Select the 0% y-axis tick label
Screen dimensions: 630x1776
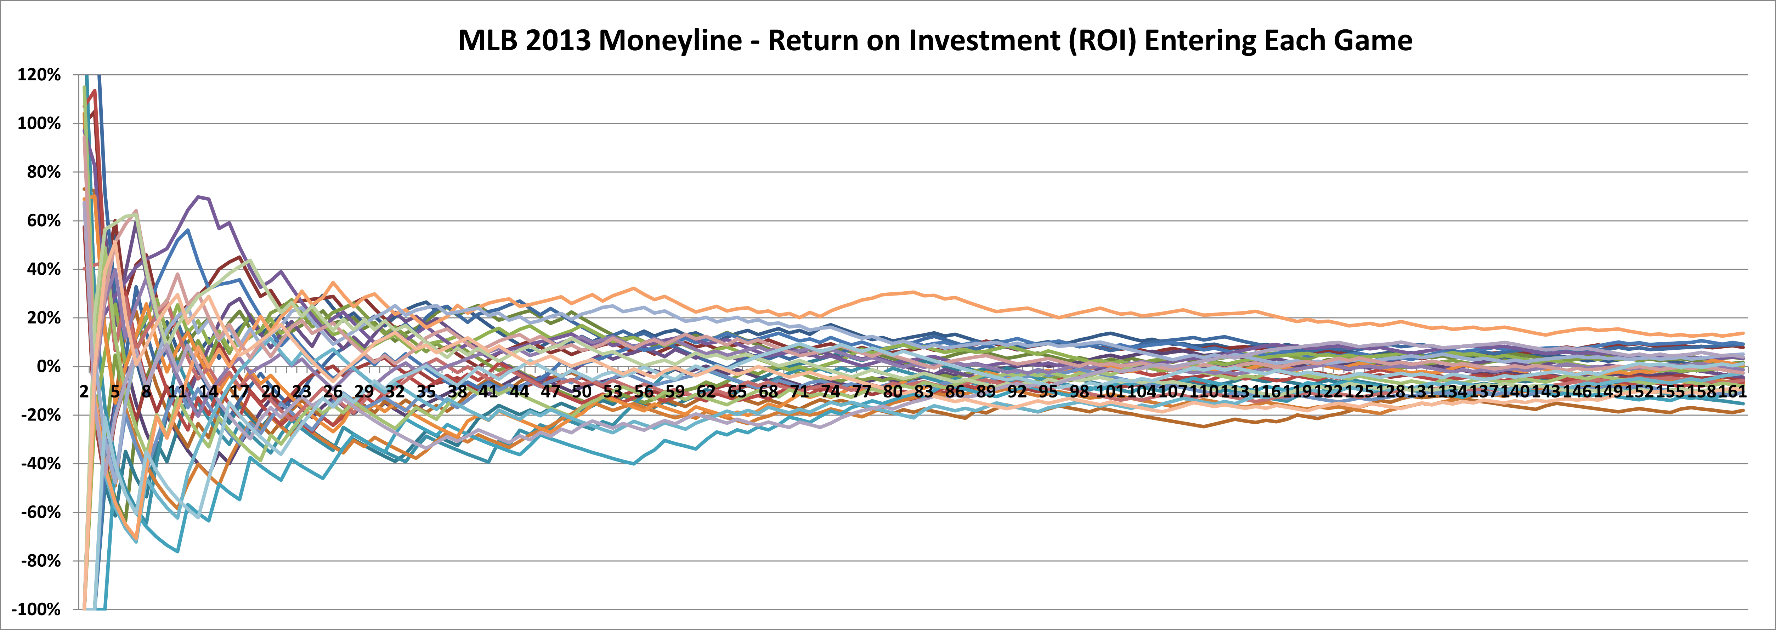point(48,367)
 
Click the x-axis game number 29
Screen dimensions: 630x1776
point(364,391)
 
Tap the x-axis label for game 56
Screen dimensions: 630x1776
point(644,391)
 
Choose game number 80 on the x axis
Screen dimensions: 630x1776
point(893,391)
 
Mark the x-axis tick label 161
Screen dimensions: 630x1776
point(1732,391)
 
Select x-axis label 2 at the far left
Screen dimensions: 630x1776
point(84,391)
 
